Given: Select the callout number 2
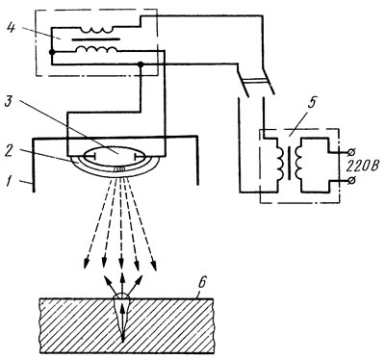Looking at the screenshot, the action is [x=10, y=151].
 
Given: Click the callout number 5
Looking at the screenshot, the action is [x=313, y=103].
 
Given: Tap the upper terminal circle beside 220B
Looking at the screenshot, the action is [x=351, y=151].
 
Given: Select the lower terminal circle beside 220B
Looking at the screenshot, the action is [x=351, y=181].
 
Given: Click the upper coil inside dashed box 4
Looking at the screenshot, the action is [x=96, y=31].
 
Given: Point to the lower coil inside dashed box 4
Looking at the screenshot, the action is [x=96, y=49].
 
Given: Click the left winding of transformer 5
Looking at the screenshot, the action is [x=280, y=162].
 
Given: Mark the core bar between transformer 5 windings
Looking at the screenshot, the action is [x=290, y=163].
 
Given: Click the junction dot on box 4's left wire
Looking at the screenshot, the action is [x=51, y=52].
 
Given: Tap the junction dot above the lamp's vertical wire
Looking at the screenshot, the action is [x=141, y=64].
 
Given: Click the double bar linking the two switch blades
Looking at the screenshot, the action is [x=255, y=80].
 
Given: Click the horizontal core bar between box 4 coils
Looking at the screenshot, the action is [x=96, y=39].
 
